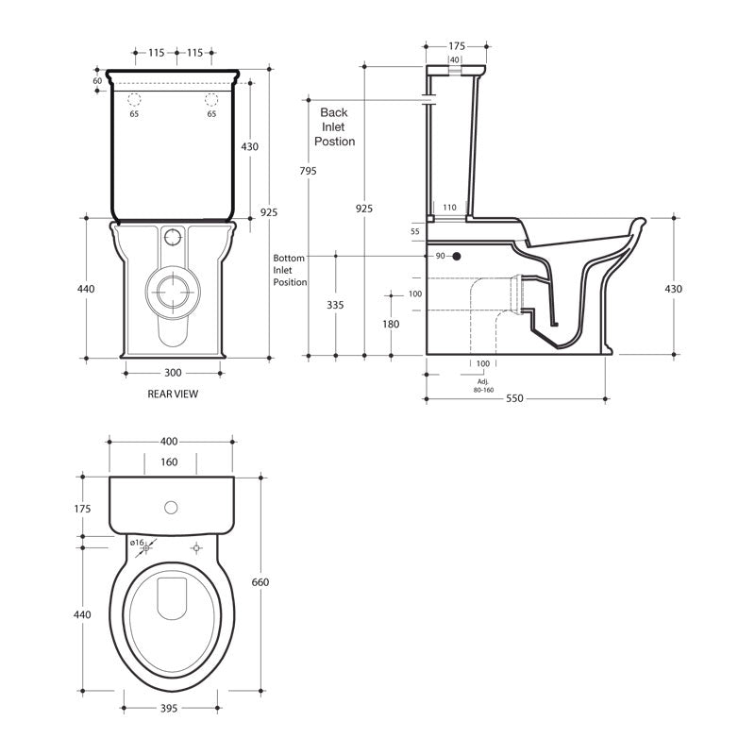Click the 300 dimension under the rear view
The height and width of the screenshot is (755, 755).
click(x=173, y=373)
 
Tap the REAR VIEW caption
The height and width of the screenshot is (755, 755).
click(x=173, y=394)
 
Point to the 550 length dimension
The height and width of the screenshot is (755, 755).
click(x=514, y=399)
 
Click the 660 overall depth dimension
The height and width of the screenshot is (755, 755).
click(x=260, y=582)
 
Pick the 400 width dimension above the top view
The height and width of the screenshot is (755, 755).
click(x=171, y=441)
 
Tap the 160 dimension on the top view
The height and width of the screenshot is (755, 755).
click(x=170, y=462)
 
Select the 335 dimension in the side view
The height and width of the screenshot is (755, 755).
click(x=336, y=305)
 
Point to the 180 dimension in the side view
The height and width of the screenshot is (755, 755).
click(x=391, y=324)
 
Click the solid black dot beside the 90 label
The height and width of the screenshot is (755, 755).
click(x=456, y=256)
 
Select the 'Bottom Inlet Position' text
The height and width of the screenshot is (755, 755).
click(x=290, y=269)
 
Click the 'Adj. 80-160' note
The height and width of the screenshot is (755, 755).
click(x=482, y=384)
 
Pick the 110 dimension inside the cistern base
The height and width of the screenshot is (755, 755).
click(x=449, y=207)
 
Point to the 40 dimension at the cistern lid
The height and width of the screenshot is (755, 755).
click(x=455, y=59)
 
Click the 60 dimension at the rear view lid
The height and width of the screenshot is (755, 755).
click(x=97, y=80)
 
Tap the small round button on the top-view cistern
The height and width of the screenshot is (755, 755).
click(x=171, y=508)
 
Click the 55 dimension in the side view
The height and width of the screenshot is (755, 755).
click(x=415, y=231)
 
